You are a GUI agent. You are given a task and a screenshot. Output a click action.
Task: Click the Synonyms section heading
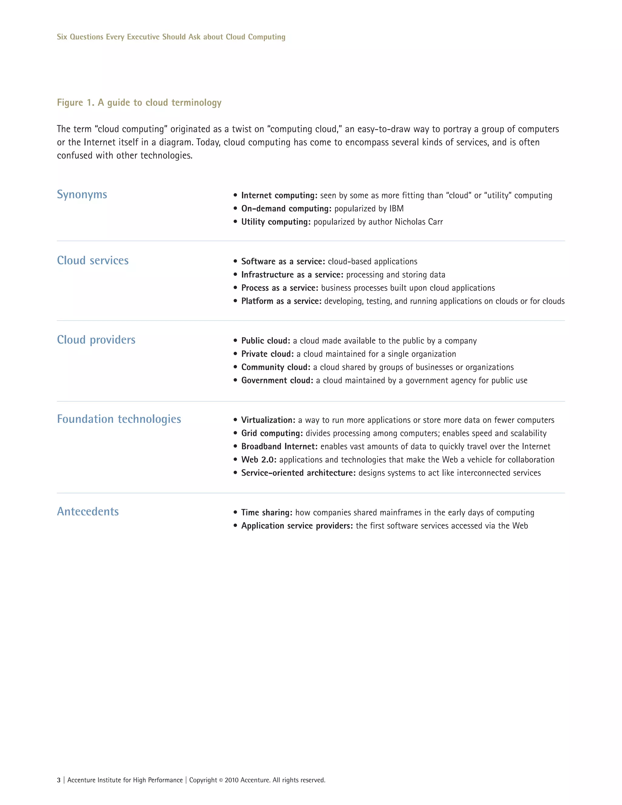pos(82,195)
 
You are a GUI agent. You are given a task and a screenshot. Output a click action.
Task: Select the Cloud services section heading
pos(93,261)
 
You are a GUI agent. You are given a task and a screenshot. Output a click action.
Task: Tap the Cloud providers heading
pos(96,340)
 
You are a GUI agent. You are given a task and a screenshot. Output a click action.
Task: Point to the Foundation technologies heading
pos(119,419)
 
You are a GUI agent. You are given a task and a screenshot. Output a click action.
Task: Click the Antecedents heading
pos(88,512)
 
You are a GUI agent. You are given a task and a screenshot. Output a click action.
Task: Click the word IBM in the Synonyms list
pos(396,209)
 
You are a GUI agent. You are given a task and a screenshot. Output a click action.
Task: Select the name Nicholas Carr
pos(419,222)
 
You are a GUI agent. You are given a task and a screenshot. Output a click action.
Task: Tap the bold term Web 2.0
pos(258,460)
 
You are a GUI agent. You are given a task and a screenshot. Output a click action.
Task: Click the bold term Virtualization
pos(268,420)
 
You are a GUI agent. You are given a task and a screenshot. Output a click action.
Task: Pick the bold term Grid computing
pos(272,433)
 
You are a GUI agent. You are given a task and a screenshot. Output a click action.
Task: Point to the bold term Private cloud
pos(267,354)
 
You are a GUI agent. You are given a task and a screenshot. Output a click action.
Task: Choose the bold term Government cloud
pos(277,380)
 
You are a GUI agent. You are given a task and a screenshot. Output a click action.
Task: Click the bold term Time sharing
pos(266,513)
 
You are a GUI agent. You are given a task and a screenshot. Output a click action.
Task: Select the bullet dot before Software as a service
pos(235,261)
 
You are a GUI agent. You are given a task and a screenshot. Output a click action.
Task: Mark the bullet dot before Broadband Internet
pos(235,446)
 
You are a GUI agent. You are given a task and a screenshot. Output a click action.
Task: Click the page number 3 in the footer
pos(59,780)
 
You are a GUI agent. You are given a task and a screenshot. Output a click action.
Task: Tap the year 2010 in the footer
pos(231,780)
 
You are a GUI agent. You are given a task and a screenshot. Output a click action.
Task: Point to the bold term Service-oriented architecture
pos(298,473)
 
